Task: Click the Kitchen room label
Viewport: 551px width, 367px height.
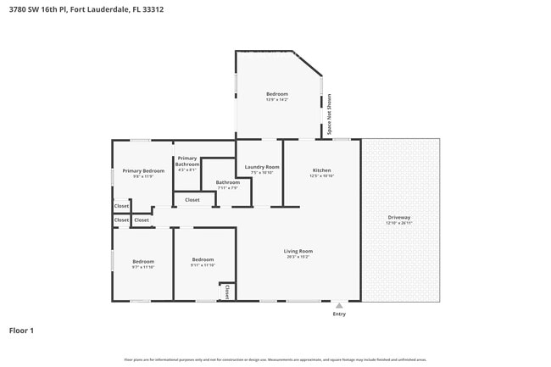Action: pos(321,170)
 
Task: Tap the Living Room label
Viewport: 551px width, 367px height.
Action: pos(298,251)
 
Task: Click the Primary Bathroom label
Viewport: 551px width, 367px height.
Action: pos(187,161)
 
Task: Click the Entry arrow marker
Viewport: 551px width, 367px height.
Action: pos(339,305)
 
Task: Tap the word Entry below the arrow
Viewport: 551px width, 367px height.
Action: pos(339,314)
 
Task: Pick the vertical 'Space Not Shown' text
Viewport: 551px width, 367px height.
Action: pos(329,114)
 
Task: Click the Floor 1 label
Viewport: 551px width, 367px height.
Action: pos(21,330)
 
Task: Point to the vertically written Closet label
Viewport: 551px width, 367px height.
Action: pos(227,292)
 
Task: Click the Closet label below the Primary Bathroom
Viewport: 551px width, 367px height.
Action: pos(192,200)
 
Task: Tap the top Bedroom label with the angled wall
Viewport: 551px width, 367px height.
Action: pos(277,93)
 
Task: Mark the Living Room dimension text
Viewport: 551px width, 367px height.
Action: pos(298,257)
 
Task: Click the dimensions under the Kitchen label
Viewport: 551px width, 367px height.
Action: pos(321,175)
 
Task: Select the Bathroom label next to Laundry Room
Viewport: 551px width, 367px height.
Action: pos(227,182)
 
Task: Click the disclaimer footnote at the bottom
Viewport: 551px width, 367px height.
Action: pos(275,359)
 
